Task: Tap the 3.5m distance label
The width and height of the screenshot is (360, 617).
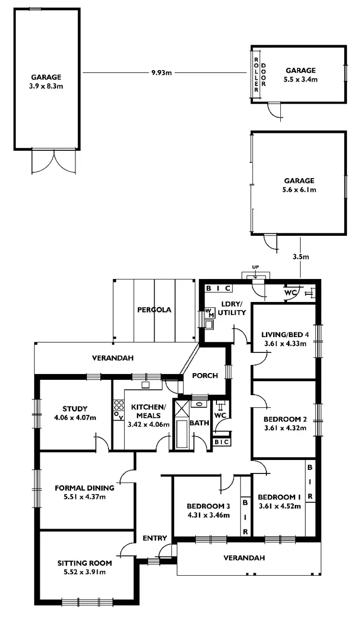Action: click(x=300, y=257)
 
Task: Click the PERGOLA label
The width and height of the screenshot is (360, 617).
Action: click(x=154, y=310)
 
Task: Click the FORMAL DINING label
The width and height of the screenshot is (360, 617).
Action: click(x=84, y=488)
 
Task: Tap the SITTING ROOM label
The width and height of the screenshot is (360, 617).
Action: click(x=84, y=563)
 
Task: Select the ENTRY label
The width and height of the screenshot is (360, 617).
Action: click(x=155, y=538)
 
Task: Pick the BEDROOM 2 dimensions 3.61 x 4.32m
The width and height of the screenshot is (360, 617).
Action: click(x=285, y=427)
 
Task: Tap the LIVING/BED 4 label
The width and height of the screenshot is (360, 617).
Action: click(x=285, y=335)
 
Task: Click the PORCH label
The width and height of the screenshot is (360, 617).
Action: click(x=204, y=375)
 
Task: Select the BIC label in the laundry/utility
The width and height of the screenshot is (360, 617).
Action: click(x=219, y=289)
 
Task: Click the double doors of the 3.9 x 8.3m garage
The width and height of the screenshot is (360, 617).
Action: click(x=54, y=162)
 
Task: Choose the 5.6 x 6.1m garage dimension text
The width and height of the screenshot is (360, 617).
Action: click(x=299, y=190)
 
